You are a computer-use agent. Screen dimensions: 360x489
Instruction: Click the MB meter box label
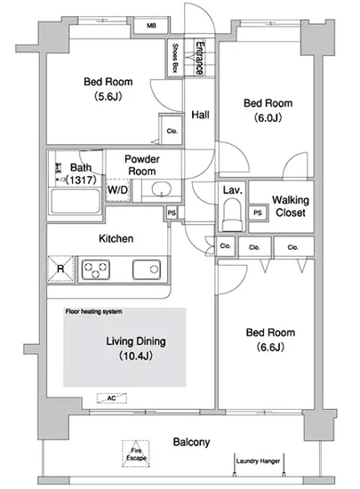[x=151, y=26]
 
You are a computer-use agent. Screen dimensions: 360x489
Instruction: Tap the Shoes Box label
[x=175, y=58]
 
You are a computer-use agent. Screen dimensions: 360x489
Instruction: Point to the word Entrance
[x=200, y=58]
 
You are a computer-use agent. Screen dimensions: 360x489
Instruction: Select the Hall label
[x=200, y=115]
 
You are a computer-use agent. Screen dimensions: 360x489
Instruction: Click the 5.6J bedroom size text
[x=108, y=96]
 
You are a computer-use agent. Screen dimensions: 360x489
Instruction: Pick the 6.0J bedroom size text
[x=268, y=117]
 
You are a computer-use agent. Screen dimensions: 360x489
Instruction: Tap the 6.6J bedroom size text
[x=270, y=347]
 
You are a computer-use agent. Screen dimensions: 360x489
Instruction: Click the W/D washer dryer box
[x=117, y=190]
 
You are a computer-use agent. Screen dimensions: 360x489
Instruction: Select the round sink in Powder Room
[x=162, y=188]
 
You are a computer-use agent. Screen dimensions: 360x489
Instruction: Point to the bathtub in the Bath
[x=76, y=201]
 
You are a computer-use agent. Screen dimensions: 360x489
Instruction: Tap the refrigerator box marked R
[x=60, y=269]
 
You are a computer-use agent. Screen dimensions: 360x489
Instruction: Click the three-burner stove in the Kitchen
[x=96, y=269]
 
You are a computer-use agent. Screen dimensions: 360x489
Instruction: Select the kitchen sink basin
[x=147, y=269]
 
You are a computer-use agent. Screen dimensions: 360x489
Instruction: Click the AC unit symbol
[x=112, y=398]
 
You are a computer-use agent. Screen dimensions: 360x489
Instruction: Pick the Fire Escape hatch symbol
[x=136, y=453]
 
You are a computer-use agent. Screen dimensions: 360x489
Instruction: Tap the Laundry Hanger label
[x=258, y=461]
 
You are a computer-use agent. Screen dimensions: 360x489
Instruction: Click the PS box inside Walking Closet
[x=258, y=213]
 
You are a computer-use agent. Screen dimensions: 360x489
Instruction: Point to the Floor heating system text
[x=93, y=311]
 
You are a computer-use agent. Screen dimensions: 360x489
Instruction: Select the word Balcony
[x=191, y=442]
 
